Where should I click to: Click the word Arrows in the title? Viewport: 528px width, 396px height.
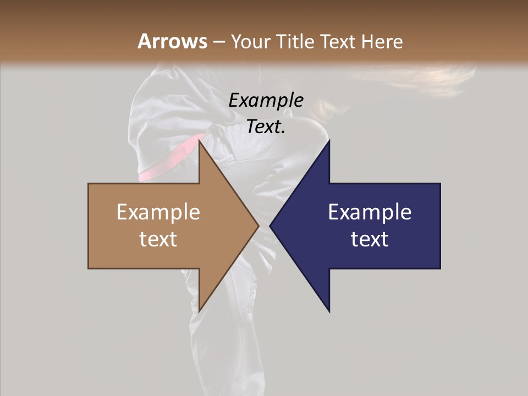(x=172, y=41)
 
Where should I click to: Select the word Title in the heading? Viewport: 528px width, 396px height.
(x=297, y=41)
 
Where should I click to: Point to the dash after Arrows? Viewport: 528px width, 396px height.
(x=219, y=42)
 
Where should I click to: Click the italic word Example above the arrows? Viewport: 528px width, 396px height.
(x=266, y=100)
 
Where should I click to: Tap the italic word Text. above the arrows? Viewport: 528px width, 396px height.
(x=266, y=127)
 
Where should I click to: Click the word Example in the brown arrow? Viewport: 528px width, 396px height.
(x=158, y=212)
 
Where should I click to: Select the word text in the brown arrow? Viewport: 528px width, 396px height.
(x=158, y=239)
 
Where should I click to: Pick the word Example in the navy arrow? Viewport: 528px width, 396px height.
(x=370, y=212)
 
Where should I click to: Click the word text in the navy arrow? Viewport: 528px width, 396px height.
(x=370, y=239)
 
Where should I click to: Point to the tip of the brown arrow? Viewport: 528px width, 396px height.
(x=258, y=226)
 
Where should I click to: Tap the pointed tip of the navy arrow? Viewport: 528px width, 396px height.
(x=271, y=226)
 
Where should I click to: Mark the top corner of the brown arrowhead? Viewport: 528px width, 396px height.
(x=200, y=141)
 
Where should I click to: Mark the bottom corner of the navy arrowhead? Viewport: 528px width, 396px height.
(x=329, y=311)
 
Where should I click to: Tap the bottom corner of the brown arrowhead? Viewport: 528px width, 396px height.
(x=200, y=310)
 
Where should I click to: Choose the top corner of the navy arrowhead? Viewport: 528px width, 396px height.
(x=329, y=141)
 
